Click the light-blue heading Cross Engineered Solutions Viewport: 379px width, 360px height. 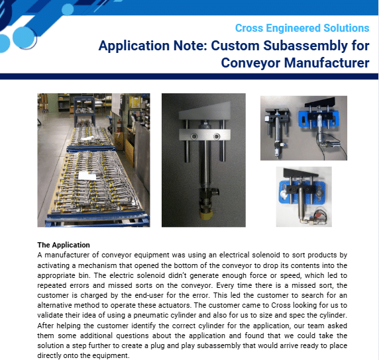pyautogui.click(x=302, y=28)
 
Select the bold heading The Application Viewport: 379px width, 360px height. pyautogui.click(x=64, y=245)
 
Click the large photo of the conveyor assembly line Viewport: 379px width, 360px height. pyautogui.click(x=93, y=160)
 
